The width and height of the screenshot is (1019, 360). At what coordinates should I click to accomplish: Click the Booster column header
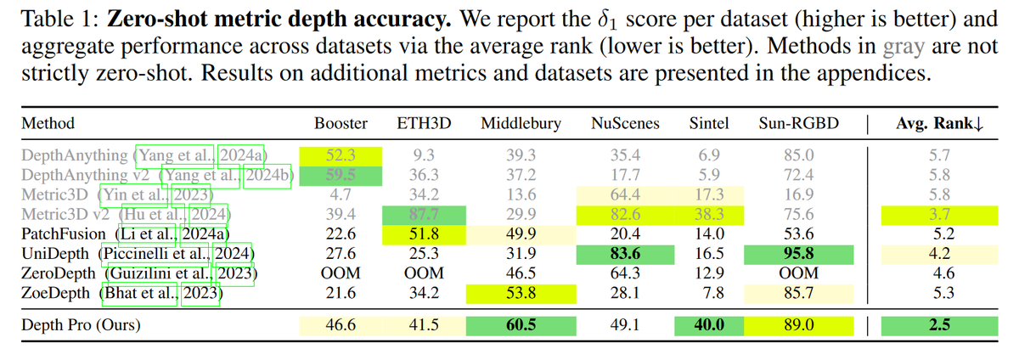341,124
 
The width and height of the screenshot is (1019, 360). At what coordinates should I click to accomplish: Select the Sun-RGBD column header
800,124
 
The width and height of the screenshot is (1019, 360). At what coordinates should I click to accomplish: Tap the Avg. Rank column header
939,124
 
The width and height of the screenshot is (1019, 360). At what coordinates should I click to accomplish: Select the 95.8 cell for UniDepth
800,253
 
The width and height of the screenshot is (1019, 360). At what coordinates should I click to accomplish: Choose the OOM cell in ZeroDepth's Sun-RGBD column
800,273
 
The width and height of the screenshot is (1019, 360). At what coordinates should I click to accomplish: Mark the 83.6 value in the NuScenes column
625,253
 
